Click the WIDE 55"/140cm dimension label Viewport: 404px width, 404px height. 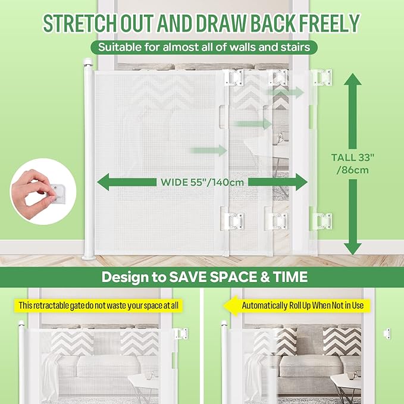coord(202,182)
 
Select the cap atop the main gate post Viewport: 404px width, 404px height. coord(88,62)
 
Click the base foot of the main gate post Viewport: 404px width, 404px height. coord(89,256)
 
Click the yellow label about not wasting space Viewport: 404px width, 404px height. coord(98,306)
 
